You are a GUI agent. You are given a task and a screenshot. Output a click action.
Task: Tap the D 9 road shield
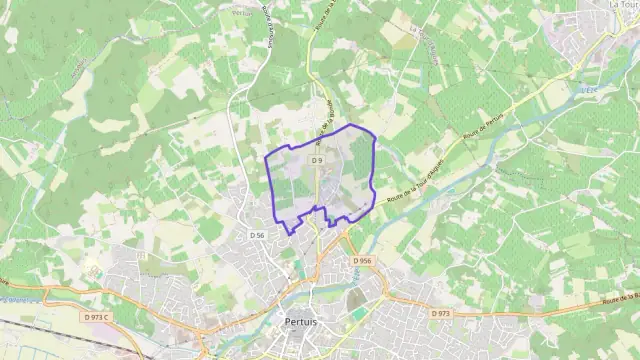coord(317,160)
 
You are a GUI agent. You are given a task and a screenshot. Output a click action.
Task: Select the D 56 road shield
coord(257,235)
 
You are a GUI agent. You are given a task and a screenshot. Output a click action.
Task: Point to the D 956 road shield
coord(361,261)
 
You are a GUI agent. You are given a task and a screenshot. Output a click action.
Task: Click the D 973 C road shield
coord(97,317)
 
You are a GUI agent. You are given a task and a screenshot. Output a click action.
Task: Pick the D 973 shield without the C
coord(441,313)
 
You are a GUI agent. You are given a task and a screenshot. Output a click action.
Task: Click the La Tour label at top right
coord(622,5)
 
